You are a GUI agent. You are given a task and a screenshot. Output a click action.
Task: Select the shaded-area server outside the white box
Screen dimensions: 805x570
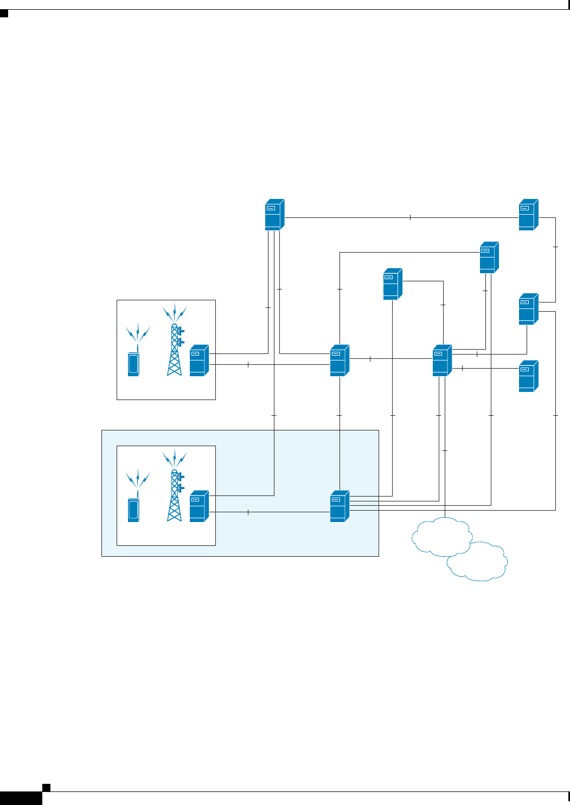(340, 506)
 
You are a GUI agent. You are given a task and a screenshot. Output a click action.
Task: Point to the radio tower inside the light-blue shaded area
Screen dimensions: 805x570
(175, 496)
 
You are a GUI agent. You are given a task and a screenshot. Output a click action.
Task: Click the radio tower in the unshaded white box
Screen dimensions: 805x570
(175, 350)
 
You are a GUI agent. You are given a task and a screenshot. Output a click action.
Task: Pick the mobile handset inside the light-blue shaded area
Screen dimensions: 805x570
(133, 510)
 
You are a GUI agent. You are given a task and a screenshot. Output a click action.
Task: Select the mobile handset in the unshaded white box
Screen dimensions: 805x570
(133, 364)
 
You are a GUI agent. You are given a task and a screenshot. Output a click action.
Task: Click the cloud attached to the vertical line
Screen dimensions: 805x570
(441, 536)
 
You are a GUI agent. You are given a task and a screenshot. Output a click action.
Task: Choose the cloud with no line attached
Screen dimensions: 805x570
(478, 562)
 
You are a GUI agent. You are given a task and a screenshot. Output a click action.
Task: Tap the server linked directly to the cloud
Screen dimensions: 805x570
(442, 360)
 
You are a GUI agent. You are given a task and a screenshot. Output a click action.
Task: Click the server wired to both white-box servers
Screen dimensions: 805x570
(274, 215)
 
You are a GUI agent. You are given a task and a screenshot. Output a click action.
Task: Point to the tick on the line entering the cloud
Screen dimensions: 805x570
(445, 450)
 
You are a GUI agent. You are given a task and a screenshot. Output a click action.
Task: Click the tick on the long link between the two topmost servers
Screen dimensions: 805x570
(410, 217)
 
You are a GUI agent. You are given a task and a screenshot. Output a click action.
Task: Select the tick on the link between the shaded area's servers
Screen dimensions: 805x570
(248, 512)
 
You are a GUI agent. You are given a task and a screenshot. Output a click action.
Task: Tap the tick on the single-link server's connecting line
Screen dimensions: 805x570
(462, 368)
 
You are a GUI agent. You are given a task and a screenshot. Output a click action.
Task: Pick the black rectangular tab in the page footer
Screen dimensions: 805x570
(21, 798)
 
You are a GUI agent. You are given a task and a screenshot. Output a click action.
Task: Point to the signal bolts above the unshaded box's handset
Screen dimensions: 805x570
(138, 331)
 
